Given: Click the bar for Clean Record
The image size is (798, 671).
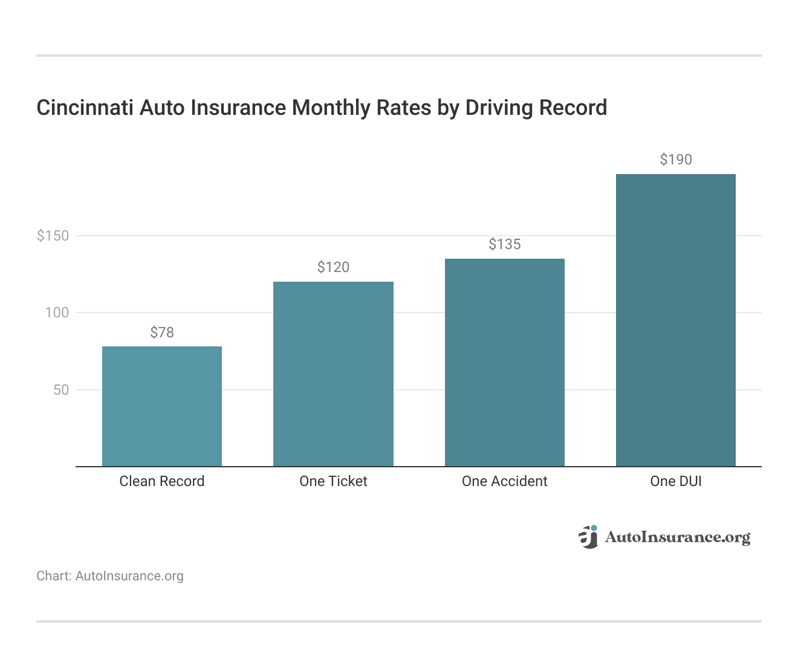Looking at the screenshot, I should pos(162,406).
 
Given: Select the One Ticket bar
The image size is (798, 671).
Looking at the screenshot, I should pos(333,374).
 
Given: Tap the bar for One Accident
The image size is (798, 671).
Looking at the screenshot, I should pos(505,363).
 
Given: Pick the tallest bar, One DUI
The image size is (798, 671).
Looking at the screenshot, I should pos(676,320).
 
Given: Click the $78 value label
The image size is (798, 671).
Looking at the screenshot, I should pos(162,332).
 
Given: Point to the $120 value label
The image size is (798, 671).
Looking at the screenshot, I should pos(333,267).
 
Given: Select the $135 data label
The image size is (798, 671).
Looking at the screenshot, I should pos(505,244).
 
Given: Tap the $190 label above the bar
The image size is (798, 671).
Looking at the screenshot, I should pos(676,160).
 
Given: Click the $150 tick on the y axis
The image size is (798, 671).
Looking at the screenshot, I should pos(53,236).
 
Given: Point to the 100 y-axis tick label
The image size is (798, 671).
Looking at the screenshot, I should pos(57,313).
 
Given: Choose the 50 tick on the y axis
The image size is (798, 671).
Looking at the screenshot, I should pos(61,390).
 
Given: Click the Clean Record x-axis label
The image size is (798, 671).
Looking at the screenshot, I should pos(162,481).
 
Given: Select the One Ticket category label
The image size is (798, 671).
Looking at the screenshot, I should pos(333,481).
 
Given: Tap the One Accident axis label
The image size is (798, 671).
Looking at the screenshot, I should pos(505,481).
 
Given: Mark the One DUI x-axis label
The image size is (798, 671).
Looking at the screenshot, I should pos(676,481).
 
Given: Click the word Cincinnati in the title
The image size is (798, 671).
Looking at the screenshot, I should pos(85,108).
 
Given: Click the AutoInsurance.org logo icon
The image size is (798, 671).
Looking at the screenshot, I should pos(588,537).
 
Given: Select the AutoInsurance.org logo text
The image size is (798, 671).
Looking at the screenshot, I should pos(677,537).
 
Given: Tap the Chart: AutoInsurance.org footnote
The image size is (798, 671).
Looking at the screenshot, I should pos(110,576).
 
